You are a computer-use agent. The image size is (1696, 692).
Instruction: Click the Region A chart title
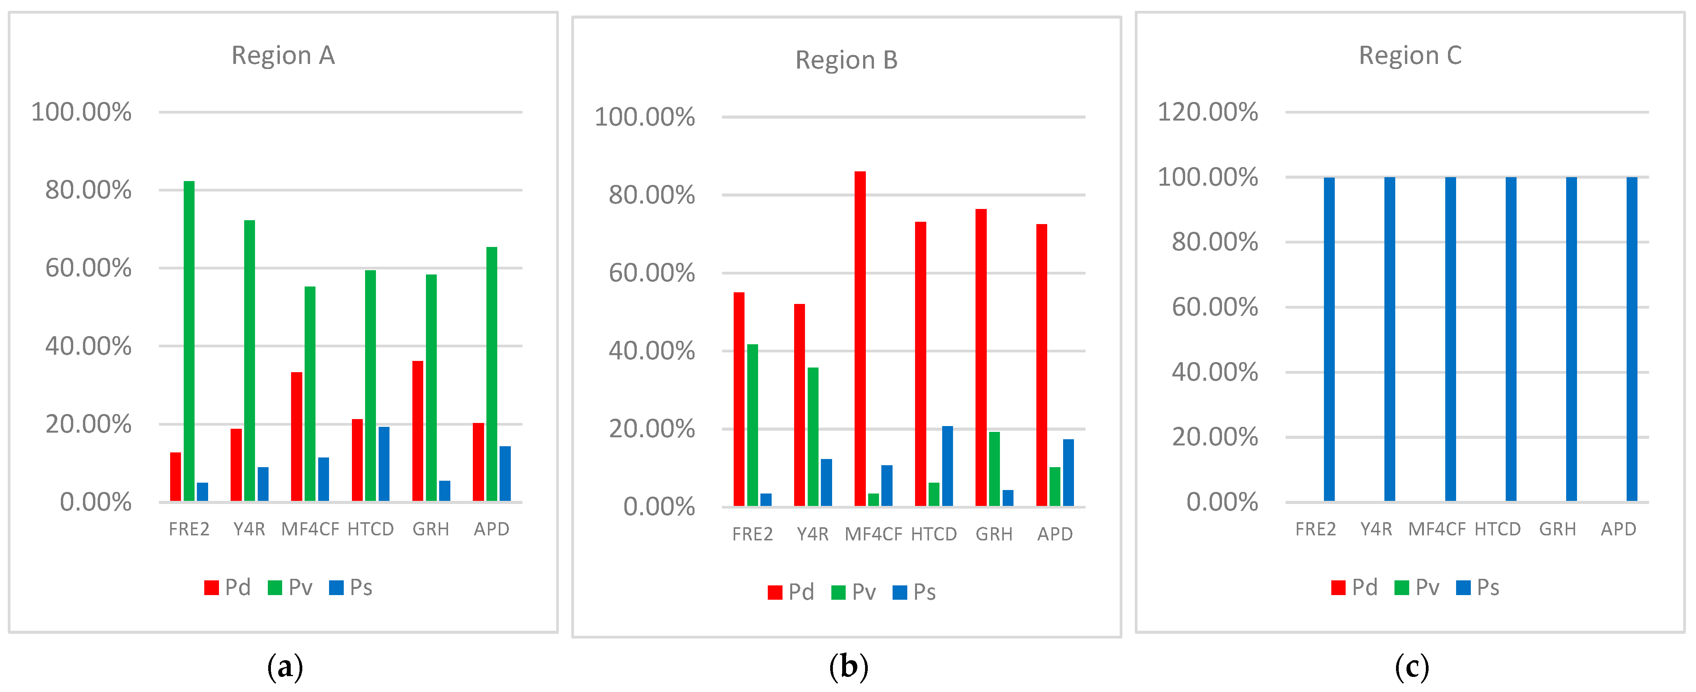pyautogui.click(x=283, y=55)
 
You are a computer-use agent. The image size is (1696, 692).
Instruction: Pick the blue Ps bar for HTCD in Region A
pyautogui.click(x=384, y=464)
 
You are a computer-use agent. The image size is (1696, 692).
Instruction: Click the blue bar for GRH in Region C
pyautogui.click(x=1572, y=339)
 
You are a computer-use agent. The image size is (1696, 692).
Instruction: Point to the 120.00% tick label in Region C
pyautogui.click(x=1208, y=112)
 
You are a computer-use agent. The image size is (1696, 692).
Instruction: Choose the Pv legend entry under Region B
pyautogui.click(x=854, y=592)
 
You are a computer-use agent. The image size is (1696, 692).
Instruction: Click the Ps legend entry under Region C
pyautogui.click(x=1478, y=587)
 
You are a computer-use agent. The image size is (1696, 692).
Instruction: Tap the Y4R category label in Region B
pyautogui.click(x=812, y=534)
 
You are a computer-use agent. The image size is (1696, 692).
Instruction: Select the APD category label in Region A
pyautogui.click(x=491, y=529)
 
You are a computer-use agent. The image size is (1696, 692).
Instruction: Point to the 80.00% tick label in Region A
pyautogui.click(x=88, y=190)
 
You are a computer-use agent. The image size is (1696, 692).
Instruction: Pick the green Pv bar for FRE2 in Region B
pyautogui.click(x=753, y=425)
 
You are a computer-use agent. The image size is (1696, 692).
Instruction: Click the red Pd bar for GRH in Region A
pyautogui.click(x=417, y=431)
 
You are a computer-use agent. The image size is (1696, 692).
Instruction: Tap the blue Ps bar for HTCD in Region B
pyautogui.click(x=948, y=466)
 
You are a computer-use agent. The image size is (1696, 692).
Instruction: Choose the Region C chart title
pyautogui.click(x=1410, y=55)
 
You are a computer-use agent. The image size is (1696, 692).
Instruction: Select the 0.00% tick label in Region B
pyautogui.click(x=659, y=507)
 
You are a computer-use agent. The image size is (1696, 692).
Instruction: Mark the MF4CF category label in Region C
pyautogui.click(x=1437, y=529)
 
